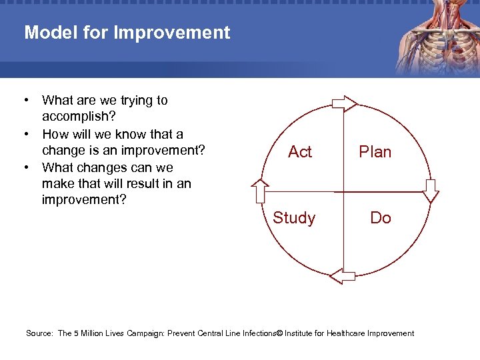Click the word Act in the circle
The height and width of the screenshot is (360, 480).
[299, 152]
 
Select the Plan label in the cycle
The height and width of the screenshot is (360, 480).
[375, 152]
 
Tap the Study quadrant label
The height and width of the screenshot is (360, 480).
[294, 218]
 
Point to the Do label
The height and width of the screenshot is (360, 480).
[380, 218]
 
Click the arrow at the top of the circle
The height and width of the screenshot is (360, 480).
[345, 102]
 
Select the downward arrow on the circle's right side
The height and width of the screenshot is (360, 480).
[431, 190]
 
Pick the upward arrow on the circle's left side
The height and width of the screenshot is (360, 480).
[260, 191]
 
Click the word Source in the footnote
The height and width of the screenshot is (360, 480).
[39, 333]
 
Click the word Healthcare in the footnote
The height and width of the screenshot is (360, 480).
[345, 333]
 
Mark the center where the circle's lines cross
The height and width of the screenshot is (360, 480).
[343, 189]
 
